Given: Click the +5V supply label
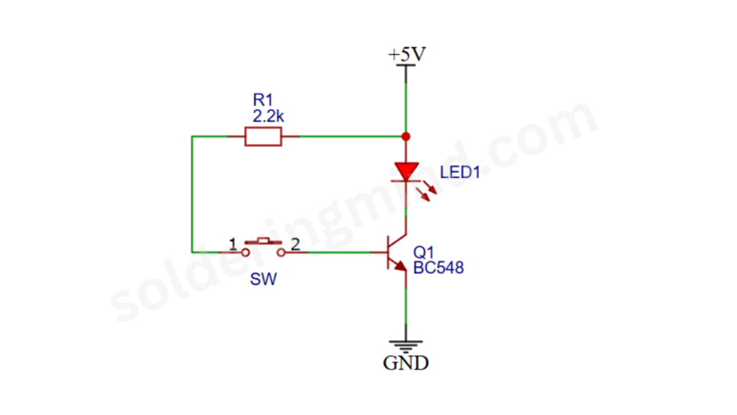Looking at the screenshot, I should [x=406, y=55].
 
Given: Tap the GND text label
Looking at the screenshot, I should [x=405, y=362].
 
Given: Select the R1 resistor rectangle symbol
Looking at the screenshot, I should [x=263, y=136].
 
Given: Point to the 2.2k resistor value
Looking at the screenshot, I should [x=268, y=115].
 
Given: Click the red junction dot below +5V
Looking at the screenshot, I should [x=406, y=136].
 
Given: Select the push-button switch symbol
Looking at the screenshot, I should [x=262, y=247].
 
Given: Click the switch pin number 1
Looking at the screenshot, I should [x=232, y=244].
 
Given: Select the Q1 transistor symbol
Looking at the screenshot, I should [x=396, y=253].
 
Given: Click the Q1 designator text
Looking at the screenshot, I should [x=423, y=253].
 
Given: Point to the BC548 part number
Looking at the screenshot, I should [x=438, y=268].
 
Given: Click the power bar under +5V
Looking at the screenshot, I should [x=406, y=66].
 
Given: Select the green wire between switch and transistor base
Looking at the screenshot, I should [x=338, y=252].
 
